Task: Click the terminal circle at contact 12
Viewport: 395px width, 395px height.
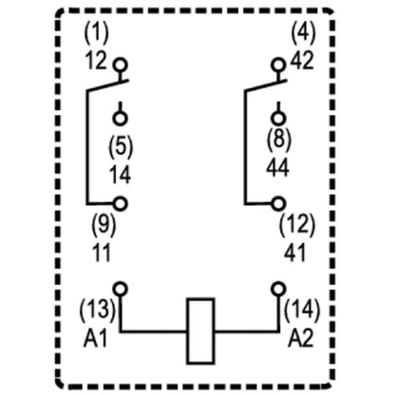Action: (x=120, y=66)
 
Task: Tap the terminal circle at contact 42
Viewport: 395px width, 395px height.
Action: (x=277, y=66)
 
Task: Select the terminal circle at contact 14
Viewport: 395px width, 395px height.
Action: (x=120, y=119)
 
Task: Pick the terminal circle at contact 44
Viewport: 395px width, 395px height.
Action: (x=277, y=119)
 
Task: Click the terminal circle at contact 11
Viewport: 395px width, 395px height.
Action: (x=120, y=202)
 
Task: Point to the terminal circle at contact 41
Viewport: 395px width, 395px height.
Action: (x=277, y=202)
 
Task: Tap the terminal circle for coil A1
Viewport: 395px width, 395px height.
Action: (x=120, y=288)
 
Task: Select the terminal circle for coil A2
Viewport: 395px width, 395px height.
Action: (x=277, y=288)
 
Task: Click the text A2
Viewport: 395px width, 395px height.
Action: (x=299, y=335)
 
